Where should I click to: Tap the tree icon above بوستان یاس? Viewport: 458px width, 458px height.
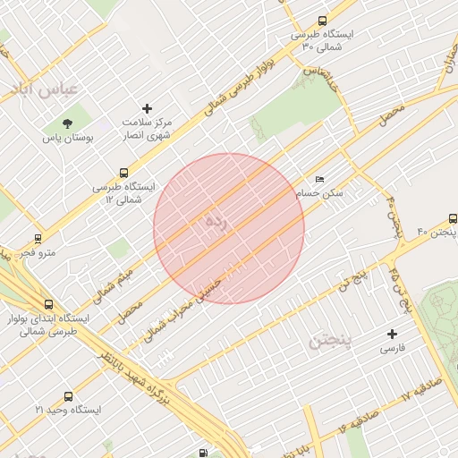[68, 123]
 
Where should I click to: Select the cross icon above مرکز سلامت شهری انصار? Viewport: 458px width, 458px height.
[148, 108]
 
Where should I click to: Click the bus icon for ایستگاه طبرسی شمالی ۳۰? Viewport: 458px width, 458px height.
[322, 21]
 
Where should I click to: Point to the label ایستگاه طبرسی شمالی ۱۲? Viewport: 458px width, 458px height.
[123, 193]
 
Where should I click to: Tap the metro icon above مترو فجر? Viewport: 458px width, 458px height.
[38, 239]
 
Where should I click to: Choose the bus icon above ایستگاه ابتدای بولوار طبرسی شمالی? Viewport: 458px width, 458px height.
[47, 304]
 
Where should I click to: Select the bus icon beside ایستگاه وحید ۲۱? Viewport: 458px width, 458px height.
[68, 396]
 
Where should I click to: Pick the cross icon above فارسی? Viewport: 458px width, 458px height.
[391, 333]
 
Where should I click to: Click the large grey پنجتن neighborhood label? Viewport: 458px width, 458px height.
[331, 341]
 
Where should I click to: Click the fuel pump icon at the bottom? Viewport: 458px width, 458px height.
[205, 453]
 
